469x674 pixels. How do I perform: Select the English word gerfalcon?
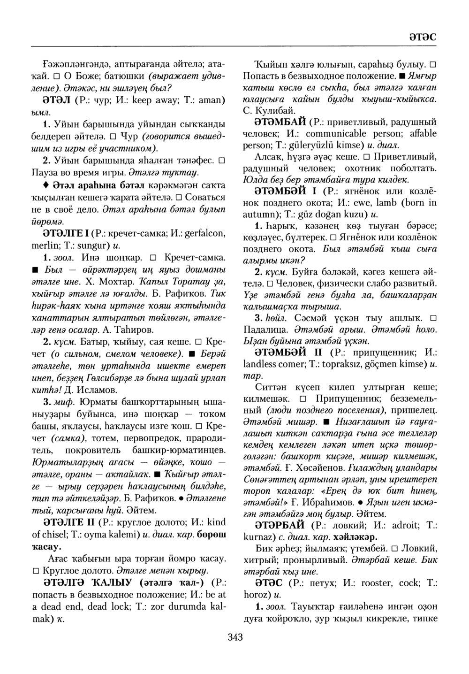coord(206,233)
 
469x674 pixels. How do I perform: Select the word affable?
coord(419,133)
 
